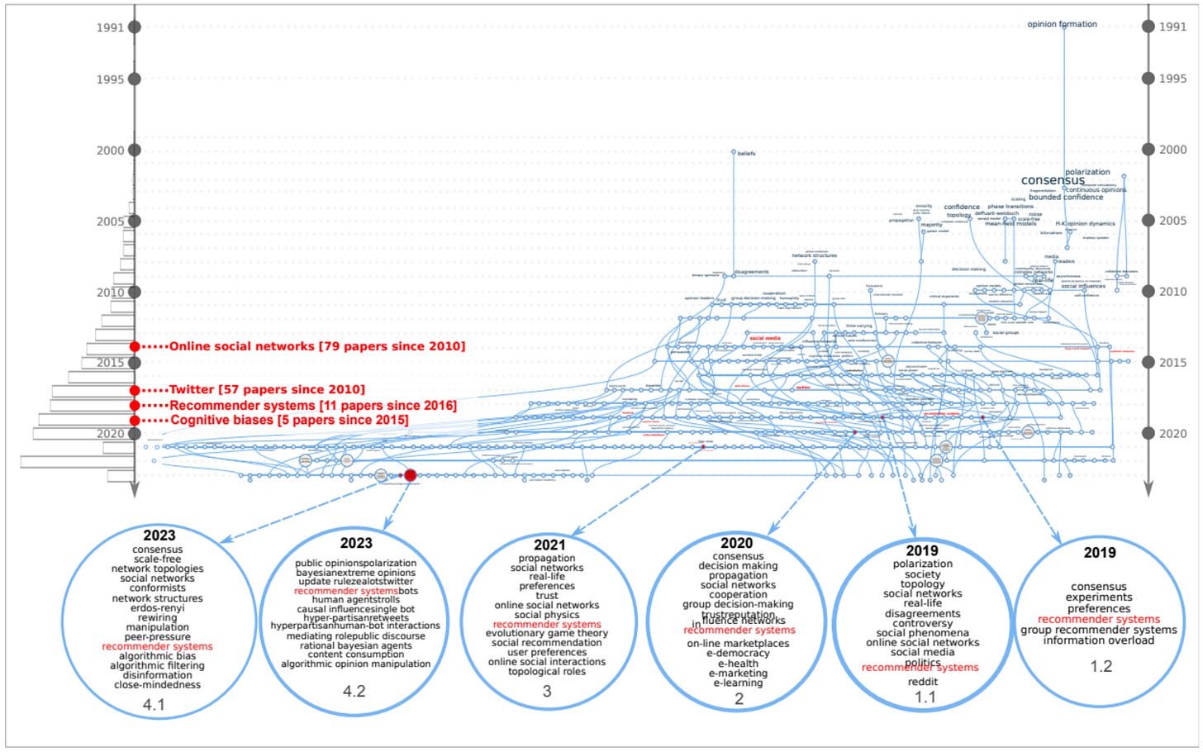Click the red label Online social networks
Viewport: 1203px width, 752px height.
pos(317,346)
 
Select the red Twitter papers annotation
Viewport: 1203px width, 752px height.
pos(267,390)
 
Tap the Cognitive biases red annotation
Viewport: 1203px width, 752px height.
pos(289,421)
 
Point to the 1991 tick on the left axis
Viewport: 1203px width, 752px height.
pos(135,27)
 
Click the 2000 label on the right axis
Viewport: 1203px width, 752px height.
pos(1172,150)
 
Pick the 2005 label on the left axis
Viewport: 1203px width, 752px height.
pos(110,221)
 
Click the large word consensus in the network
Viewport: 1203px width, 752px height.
pos(1053,180)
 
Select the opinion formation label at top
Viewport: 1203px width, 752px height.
pos(1062,25)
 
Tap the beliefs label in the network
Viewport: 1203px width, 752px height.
pos(746,154)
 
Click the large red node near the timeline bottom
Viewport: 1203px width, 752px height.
pos(410,475)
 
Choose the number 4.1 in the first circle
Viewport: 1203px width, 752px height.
pos(155,705)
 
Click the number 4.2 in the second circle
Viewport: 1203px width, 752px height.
pos(354,691)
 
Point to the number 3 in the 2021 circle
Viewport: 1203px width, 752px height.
pos(547,691)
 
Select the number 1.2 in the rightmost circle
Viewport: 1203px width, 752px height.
pos(1101,666)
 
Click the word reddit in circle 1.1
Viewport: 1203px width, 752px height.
pos(923,682)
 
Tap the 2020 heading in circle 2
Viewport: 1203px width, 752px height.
pos(736,543)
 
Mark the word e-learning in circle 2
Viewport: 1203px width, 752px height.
pos(739,683)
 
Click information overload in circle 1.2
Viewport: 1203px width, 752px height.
pos(1098,640)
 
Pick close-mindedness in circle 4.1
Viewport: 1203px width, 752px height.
pos(157,684)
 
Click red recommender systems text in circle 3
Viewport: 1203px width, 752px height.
pos(547,625)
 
